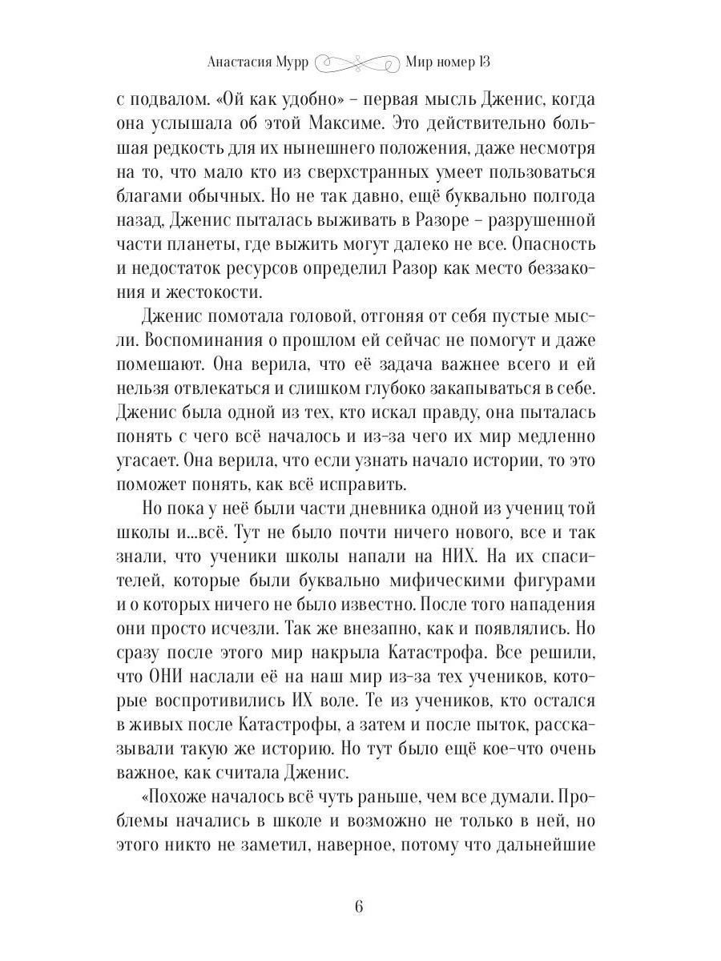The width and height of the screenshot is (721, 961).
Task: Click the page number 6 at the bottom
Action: (x=359, y=907)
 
